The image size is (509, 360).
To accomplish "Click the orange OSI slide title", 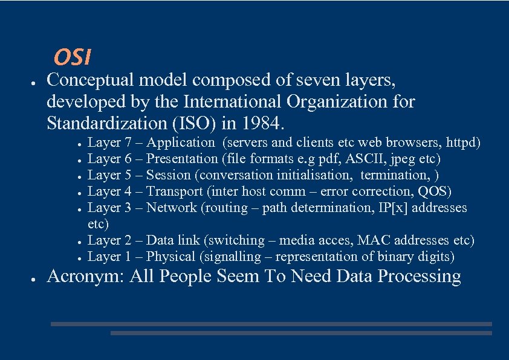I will [72, 57].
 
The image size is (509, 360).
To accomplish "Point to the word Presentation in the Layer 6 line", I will [183, 159].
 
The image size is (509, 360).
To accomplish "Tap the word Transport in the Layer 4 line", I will [175, 192].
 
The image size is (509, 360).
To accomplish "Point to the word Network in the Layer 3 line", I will [172, 208].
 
